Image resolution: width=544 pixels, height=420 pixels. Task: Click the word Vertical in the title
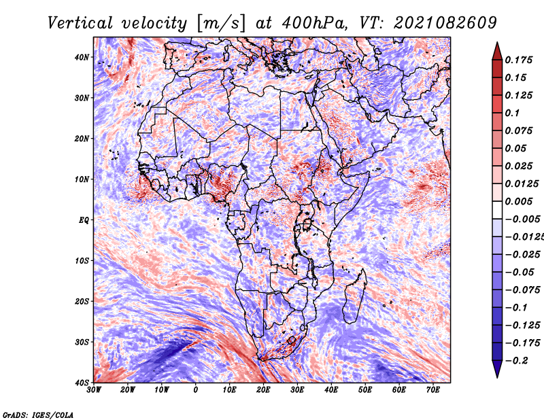click(80, 23)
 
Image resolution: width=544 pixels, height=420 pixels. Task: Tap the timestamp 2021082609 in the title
click(445, 23)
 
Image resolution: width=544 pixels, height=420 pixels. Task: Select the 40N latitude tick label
click(82, 57)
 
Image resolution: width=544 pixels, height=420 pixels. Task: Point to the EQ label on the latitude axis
click(84, 220)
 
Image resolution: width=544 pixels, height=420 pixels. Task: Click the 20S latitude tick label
click(82, 301)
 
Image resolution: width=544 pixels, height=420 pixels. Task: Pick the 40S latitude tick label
click(82, 383)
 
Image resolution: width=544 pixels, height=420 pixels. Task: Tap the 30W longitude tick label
click(94, 390)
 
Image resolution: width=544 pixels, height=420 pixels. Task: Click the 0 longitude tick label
click(196, 390)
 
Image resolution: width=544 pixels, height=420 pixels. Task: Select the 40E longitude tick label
click(331, 390)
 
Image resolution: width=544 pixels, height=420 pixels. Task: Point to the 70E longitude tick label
click(433, 390)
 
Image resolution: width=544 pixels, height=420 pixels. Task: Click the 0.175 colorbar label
click(518, 60)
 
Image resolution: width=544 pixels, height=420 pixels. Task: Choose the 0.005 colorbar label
click(518, 201)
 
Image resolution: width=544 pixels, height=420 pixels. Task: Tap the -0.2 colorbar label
click(517, 360)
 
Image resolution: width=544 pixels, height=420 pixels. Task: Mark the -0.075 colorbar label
click(522, 290)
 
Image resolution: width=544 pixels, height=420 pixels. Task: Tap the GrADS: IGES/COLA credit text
click(38, 415)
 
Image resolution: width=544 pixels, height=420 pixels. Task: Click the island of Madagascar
click(355, 296)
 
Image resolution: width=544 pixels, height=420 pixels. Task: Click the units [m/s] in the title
click(221, 23)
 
